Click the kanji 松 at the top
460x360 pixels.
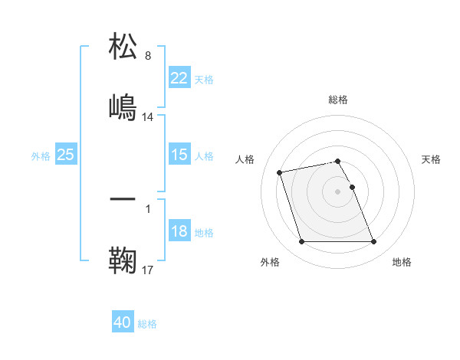coord(123,47)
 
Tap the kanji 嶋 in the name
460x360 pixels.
coord(123,106)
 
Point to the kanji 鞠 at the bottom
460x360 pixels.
coord(123,260)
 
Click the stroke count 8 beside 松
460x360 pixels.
coord(148,56)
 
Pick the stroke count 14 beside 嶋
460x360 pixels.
coord(148,117)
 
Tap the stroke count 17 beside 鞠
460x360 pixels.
coord(148,270)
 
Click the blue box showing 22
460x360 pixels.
coord(179,78)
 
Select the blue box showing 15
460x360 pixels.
coord(179,155)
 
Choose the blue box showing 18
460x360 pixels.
coord(179,231)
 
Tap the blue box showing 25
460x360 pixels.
coord(65,155)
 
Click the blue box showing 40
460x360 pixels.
coord(122,322)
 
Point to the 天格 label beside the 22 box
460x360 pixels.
coord(204,79)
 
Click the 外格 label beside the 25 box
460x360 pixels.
coord(41,155)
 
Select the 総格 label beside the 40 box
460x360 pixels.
coord(147,323)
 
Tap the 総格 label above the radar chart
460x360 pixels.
coord(337,100)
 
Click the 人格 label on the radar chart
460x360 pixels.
coord(247,159)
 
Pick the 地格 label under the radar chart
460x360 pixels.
coord(402,263)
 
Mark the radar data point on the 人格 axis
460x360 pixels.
coord(280,172)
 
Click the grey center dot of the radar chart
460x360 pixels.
coord(337,191)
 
